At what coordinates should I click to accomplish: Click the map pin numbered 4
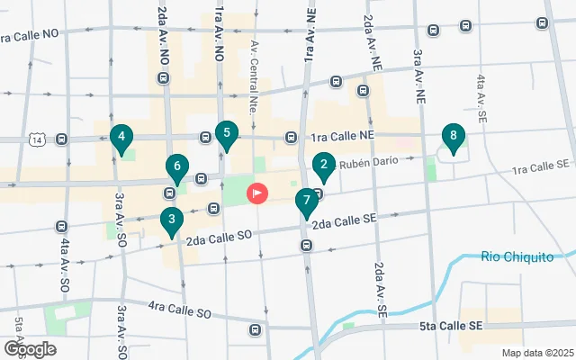click(x=121, y=137)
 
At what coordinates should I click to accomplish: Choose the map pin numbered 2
click(x=323, y=164)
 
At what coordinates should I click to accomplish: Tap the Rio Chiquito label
click(x=517, y=257)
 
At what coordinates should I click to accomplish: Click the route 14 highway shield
click(x=37, y=139)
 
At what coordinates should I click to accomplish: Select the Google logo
click(x=30, y=348)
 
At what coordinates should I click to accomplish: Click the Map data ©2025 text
click(x=537, y=353)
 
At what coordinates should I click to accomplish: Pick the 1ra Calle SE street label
click(x=542, y=166)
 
